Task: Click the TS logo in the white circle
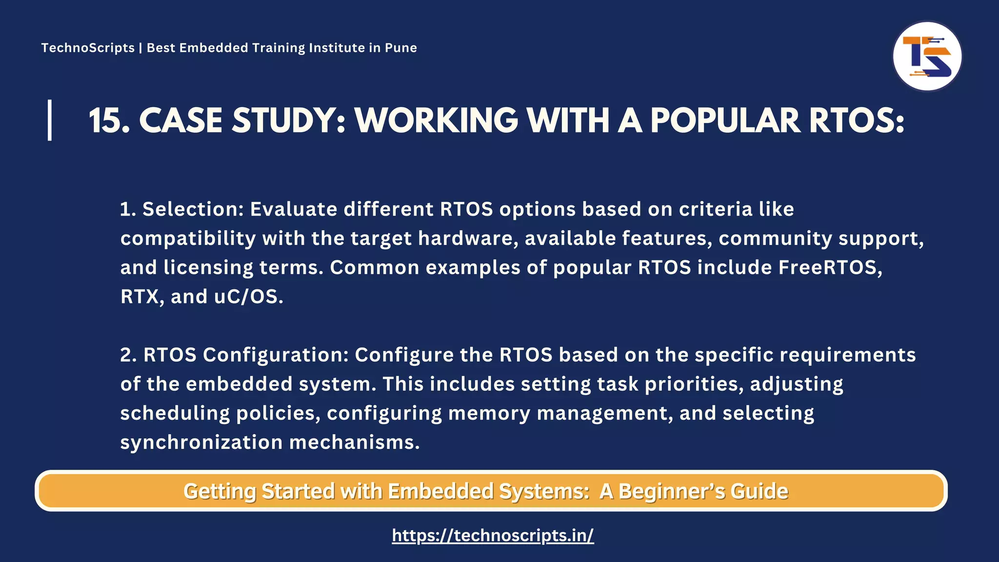coord(927,57)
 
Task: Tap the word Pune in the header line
coord(401,48)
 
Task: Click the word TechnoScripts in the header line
coord(88,48)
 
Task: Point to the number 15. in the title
coord(110,120)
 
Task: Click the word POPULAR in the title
coord(725,120)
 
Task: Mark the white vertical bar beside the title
coord(50,120)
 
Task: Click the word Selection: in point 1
coord(193,209)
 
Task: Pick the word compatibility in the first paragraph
coord(188,239)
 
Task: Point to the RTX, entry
coord(142,297)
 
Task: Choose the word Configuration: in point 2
coord(276,355)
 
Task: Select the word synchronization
coord(201,442)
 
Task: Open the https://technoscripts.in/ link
coord(493,536)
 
